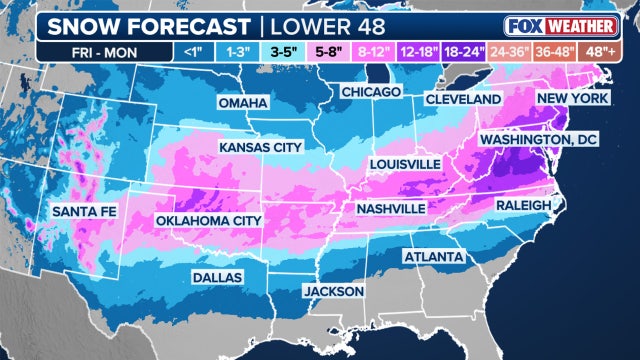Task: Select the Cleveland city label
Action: click(463, 100)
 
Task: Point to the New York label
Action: click(574, 98)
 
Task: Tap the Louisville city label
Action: click(404, 162)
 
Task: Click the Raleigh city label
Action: click(523, 205)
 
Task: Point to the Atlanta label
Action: click(433, 257)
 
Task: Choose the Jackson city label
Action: click(335, 291)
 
